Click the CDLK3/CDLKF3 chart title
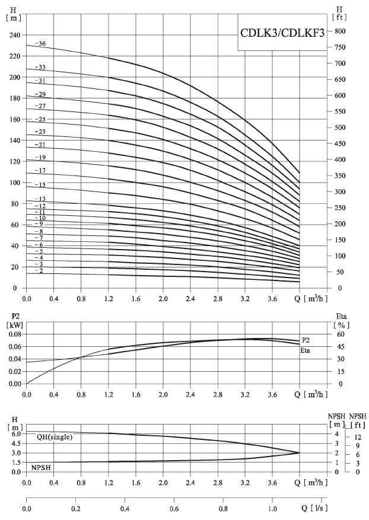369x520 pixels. click(282, 34)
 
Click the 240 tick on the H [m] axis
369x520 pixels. click(14, 35)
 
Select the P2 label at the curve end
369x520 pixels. click(306, 340)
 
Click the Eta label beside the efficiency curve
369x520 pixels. click(306, 351)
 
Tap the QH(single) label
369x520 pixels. click(55, 437)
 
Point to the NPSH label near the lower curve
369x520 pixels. click(41, 468)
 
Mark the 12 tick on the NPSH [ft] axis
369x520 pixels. click(357, 436)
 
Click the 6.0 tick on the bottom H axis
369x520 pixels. click(16, 434)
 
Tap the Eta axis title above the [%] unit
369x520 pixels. click(341, 316)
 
